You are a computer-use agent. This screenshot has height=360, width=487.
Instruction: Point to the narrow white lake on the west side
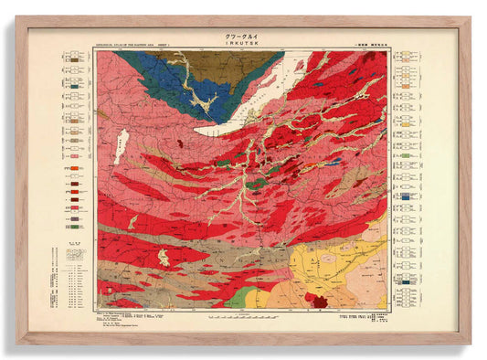pyautogui.click(x=122, y=146)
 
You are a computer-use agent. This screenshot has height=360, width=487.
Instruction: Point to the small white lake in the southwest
pyautogui.click(x=164, y=259)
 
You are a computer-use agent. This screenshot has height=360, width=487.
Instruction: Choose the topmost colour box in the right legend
pyautogui.click(x=403, y=55)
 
